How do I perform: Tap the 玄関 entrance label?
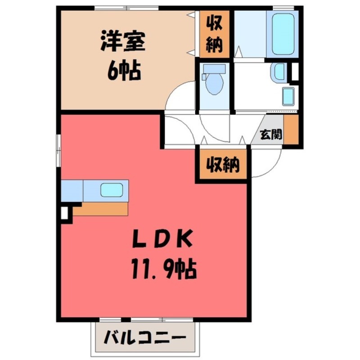(271, 134)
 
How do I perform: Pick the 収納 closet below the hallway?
(222, 165)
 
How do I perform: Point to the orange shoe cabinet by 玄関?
(291, 130)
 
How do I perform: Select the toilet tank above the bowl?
(214, 68)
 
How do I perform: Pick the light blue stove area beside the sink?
(72, 190)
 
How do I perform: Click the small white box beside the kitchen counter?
(64, 211)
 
